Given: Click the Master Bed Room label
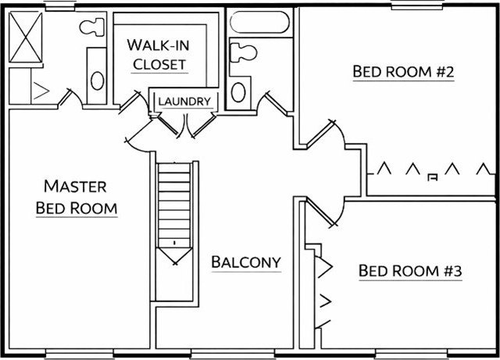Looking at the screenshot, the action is coord(77,197).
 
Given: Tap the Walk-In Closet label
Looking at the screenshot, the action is coord(159,55).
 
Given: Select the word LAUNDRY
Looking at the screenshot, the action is coord(184,102).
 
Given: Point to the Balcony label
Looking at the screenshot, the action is coord(246,262).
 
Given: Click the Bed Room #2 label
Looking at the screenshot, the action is coord(403,71).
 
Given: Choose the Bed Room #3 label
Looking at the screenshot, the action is coord(410,271).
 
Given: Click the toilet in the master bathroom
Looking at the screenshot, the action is coord(92,27).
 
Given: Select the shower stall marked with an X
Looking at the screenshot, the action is coord(26,37).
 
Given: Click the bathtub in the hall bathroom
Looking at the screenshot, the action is coord(259,22).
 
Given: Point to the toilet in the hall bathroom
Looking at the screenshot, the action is coord(244,53).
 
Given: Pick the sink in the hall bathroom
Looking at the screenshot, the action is coord(238,92).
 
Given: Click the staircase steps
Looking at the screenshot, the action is coord(175,205).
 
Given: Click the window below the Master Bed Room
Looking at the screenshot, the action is coord(79,354).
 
